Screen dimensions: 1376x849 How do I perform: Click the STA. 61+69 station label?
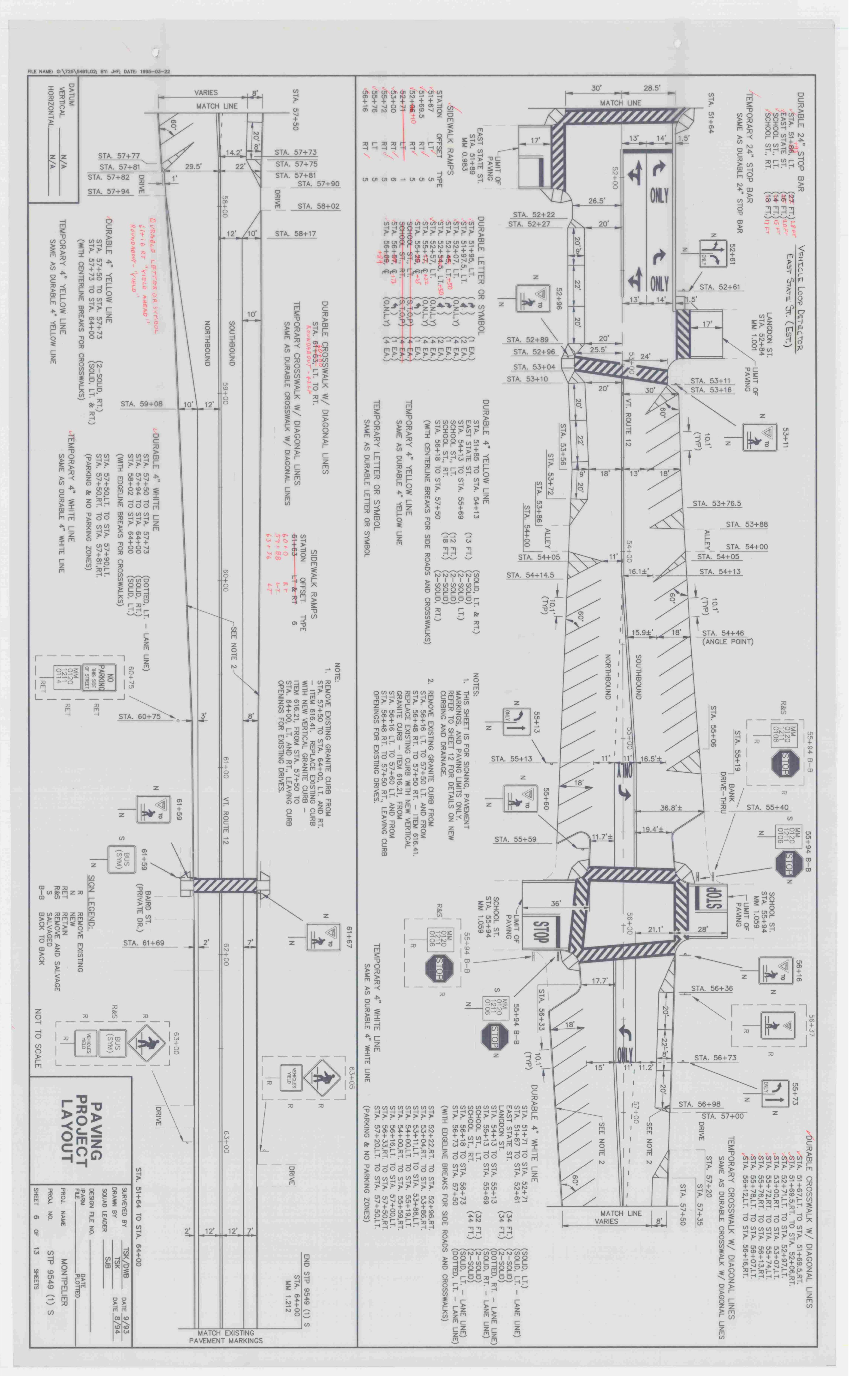point(144,943)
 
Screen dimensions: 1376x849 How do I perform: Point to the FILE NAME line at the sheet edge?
point(98,72)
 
